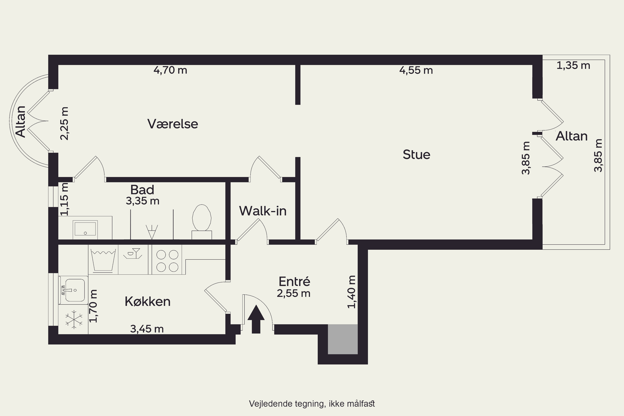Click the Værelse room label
pos(173,124)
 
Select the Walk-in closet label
pos(263,211)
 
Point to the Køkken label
pos(147,301)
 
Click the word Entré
pos(294,281)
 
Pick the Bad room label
pos(142,190)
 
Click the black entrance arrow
pos(256,319)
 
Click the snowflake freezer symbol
pos(74,319)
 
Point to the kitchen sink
pos(73,290)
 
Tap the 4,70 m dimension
pos(170,70)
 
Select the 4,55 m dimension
pos(416,70)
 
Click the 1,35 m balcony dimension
pos(573,66)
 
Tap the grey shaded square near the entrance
pos(343,339)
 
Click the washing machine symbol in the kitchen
pos(103,259)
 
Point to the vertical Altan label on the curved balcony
pos(21,121)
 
